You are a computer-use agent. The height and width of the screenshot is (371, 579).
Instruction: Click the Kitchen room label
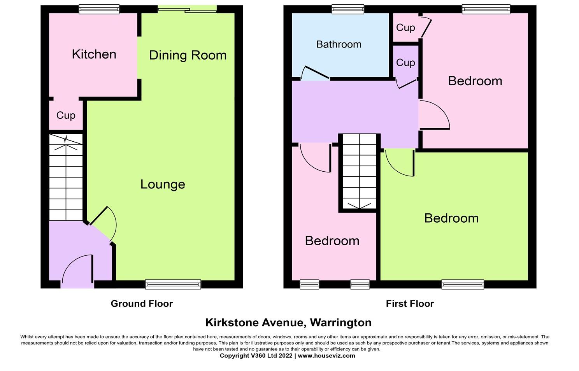coord(94,54)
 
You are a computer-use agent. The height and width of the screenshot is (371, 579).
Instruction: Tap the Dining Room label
coord(188,55)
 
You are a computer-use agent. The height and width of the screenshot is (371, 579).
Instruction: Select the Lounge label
coord(163,185)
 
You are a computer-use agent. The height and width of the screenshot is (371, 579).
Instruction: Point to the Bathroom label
coord(339,44)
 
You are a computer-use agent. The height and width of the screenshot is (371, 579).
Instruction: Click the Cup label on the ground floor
coord(66,115)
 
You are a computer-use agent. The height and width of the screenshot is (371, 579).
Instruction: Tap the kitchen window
coord(99,9)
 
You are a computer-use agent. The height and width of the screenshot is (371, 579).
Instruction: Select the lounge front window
coord(173,285)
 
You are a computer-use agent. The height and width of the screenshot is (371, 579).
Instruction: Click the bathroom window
coord(348,9)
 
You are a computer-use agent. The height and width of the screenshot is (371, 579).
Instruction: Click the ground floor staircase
coord(66,178)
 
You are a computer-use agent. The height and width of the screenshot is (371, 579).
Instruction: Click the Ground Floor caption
coord(142,304)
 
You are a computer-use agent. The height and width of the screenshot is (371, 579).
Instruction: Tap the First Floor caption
coord(410,304)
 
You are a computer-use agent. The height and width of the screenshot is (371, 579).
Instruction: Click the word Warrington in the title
coord(341,323)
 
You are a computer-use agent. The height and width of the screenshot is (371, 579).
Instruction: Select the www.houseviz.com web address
coord(326,356)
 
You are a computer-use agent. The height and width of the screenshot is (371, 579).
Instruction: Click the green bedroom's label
coord(451,218)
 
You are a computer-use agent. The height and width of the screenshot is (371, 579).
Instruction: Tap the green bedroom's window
coord(463,285)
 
